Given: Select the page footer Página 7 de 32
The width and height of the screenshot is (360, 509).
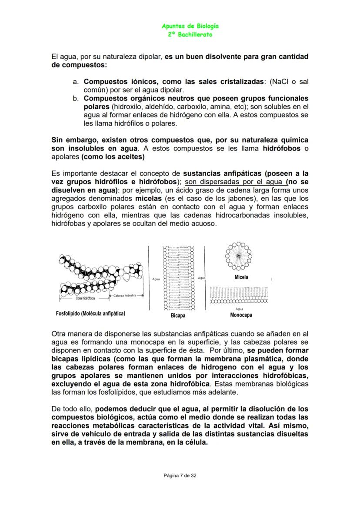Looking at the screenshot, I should [x=180, y=476].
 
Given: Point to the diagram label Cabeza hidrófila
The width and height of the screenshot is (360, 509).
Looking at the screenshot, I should [x=125, y=295].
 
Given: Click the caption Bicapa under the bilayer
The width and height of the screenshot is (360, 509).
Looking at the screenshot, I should [x=178, y=316].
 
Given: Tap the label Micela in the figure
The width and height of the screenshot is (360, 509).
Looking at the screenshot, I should [x=241, y=277].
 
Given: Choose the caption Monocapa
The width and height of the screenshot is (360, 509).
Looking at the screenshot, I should [x=241, y=315].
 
